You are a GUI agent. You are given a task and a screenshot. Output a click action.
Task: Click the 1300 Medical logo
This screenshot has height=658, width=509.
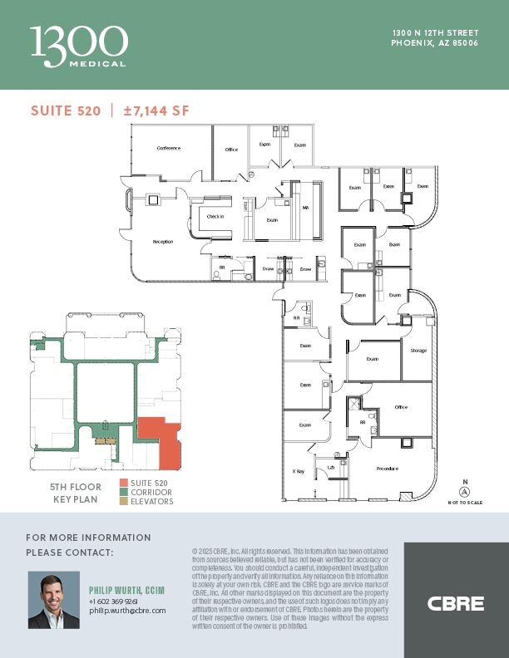click(78, 45)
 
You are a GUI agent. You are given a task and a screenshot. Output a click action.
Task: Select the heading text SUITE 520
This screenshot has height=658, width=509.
click(66, 111)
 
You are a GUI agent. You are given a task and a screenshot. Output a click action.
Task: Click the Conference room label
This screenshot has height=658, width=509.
click(169, 149)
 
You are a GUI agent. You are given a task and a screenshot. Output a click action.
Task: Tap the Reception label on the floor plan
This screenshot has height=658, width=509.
click(163, 242)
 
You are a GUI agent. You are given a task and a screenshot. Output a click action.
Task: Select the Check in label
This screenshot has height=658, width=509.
click(215, 216)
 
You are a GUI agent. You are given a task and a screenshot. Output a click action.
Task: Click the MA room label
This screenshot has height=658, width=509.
click(305, 208)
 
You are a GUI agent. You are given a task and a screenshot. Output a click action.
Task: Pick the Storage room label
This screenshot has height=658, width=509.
click(418, 351)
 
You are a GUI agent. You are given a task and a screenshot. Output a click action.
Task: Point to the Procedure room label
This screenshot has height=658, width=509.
click(387, 469)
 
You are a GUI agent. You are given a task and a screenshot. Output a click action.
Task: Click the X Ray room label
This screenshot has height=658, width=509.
click(298, 471)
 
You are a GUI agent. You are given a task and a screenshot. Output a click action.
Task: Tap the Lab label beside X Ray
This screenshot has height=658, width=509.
click(330, 467)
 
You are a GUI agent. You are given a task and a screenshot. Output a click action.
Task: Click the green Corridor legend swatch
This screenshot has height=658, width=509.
click(123, 493)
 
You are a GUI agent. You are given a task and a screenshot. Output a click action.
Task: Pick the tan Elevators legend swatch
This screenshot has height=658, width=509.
click(123, 502)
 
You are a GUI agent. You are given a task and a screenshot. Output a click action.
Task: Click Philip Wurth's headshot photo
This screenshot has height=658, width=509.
click(54, 600)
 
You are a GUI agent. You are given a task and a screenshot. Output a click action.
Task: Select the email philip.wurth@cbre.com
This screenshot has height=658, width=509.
click(127, 610)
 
